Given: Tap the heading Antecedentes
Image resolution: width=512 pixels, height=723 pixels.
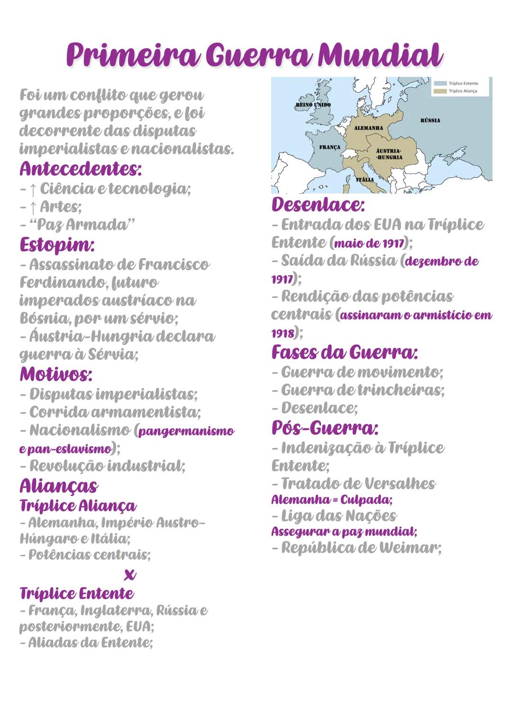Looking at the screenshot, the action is (81, 169).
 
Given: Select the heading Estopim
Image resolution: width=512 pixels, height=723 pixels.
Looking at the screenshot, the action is (57, 245).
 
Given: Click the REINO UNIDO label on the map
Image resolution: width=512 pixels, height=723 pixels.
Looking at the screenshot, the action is (313, 105).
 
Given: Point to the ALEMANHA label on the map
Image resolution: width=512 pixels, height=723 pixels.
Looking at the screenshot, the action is (368, 128).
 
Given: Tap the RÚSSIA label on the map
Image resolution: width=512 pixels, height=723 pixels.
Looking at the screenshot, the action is (430, 120).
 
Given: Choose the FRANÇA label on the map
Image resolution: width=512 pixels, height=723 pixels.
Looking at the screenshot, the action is (329, 147).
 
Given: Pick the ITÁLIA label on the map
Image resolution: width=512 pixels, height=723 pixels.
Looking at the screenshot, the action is (365, 180).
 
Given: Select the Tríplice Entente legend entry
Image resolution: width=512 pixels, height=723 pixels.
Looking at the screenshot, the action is (463, 83).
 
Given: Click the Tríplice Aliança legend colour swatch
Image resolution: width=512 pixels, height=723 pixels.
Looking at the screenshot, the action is (440, 91).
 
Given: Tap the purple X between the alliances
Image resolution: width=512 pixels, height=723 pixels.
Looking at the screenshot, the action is (129, 575).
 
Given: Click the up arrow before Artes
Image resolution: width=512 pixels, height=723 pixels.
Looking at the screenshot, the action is (33, 207).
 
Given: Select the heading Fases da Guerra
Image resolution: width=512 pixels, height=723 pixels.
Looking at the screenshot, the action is (345, 352).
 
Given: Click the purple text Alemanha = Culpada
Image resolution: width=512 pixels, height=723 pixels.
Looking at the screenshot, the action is (331, 500).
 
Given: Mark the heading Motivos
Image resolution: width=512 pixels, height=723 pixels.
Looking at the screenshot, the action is (56, 374).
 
